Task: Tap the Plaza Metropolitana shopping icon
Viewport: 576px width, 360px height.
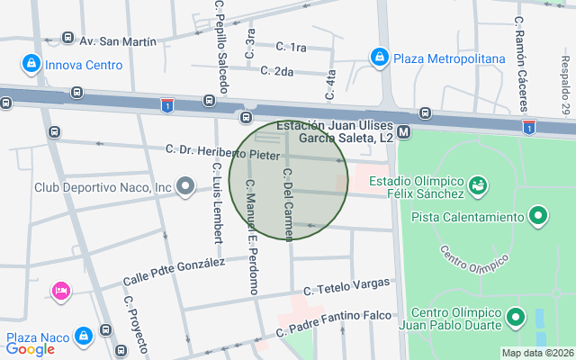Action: pos(380,58)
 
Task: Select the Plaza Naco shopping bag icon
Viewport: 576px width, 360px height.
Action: pos(84,336)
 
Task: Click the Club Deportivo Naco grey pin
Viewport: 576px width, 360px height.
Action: pos(185,187)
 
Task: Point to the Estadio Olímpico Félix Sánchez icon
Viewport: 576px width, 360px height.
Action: pos(478,185)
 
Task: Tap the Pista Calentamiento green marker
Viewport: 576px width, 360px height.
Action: pos(538,216)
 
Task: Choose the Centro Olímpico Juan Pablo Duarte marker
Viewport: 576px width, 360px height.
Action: pos(516,317)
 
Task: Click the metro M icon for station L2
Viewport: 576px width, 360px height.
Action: pos(404,131)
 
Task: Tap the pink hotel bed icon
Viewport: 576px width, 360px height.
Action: pos(61,290)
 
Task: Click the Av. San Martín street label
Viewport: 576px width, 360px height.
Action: pos(117,41)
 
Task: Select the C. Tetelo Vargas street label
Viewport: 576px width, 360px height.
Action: pos(347,286)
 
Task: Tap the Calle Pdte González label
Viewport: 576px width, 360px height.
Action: pos(175,273)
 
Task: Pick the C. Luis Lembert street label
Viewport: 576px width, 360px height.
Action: pos(217,202)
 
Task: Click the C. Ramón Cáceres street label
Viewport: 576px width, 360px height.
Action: pos(520,53)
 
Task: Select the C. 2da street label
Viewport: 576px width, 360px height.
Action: pos(276,70)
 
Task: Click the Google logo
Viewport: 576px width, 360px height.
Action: pos(30,349)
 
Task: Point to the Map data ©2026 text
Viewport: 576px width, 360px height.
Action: pos(536,353)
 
